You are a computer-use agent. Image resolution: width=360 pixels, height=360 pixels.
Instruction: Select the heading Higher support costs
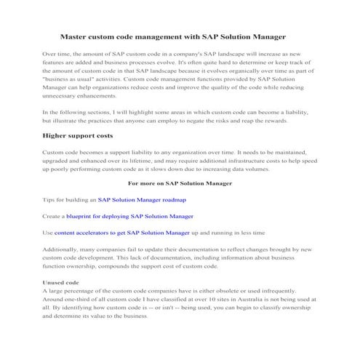[78, 136]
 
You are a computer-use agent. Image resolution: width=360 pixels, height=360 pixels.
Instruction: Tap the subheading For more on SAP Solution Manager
[179, 183]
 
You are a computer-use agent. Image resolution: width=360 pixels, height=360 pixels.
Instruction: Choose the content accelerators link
[122, 233]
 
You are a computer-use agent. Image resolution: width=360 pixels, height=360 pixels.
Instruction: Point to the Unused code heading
[61, 282]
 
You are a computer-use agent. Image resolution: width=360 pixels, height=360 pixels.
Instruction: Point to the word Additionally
[63, 249]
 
